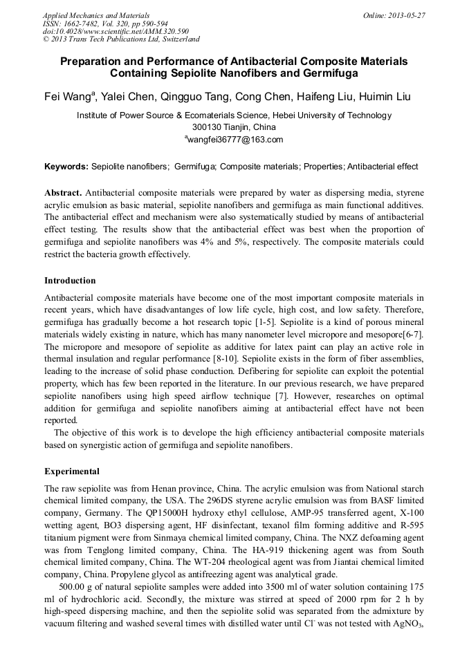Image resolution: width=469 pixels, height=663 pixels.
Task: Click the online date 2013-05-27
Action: coord(405,15)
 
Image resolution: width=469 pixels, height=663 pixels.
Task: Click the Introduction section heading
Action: coord(70,281)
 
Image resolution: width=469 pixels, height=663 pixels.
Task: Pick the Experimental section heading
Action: coord(72,471)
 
